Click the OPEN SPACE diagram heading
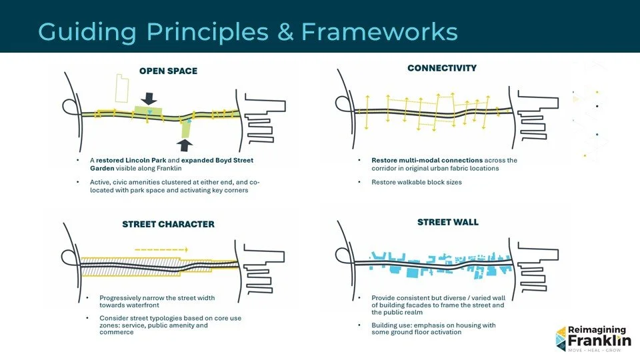tap(168, 71)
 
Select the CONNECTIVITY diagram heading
tap(442, 68)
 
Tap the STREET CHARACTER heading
tap(168, 224)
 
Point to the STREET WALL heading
tap(448, 222)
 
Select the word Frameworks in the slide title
tap(379, 31)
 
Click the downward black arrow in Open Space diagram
tap(149, 97)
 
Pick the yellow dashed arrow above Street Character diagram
tap(162, 249)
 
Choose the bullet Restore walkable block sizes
tap(416, 182)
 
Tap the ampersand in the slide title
tap(286, 31)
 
